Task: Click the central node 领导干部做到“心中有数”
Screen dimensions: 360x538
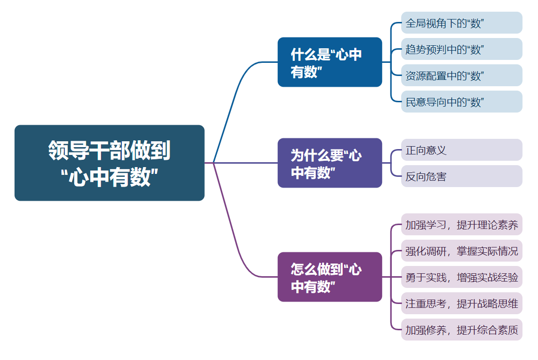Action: click(x=109, y=163)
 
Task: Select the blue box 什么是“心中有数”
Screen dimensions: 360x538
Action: click(x=329, y=62)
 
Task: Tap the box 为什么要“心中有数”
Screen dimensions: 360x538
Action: click(x=329, y=163)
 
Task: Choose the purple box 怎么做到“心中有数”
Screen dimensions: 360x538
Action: click(x=329, y=277)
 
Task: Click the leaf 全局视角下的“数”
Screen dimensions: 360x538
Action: click(x=461, y=23)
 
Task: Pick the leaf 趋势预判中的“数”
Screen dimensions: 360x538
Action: click(x=461, y=49)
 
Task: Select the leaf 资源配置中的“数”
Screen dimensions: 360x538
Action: click(x=461, y=76)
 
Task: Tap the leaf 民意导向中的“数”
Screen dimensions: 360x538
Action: click(x=461, y=102)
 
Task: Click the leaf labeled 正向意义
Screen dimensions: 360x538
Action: click(x=461, y=150)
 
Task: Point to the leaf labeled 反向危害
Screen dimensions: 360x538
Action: click(x=461, y=176)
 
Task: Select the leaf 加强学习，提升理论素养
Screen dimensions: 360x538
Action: click(x=461, y=225)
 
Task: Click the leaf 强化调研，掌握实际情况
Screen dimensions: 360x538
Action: click(x=461, y=251)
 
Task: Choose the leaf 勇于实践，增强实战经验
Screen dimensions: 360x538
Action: click(x=461, y=277)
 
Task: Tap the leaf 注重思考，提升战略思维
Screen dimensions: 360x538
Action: click(x=461, y=303)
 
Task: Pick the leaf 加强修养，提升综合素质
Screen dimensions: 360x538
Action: click(x=461, y=330)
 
